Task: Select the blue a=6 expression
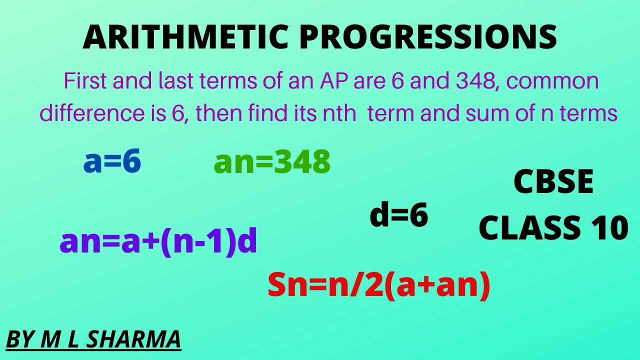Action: click(x=112, y=162)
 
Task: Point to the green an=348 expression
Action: click(x=272, y=162)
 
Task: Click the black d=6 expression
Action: click(x=399, y=215)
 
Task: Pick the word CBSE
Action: click(x=553, y=182)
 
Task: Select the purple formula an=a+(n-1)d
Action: click(x=158, y=242)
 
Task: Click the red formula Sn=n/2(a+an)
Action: click(x=379, y=286)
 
